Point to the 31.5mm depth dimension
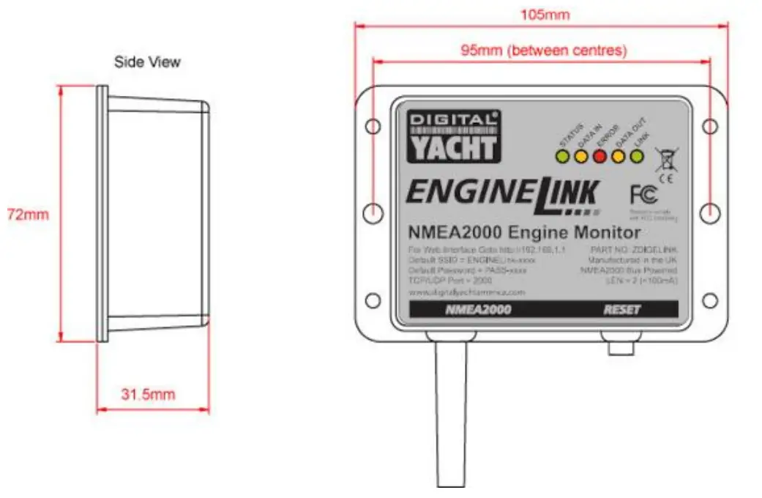(x=148, y=394)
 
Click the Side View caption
(x=147, y=62)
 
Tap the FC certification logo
(x=643, y=194)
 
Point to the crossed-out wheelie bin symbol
(x=665, y=157)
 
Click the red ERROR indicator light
(x=599, y=155)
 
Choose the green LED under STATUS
(x=562, y=155)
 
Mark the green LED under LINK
(x=636, y=155)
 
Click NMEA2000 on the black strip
(x=478, y=309)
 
